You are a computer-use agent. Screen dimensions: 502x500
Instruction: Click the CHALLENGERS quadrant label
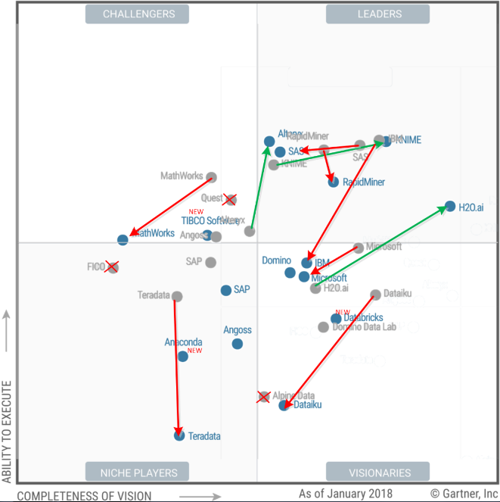click(x=138, y=14)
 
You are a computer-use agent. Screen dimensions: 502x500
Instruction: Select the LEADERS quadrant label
click(x=378, y=14)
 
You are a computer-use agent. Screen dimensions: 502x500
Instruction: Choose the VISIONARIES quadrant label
click(x=378, y=472)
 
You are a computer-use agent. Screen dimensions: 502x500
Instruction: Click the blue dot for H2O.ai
click(x=450, y=206)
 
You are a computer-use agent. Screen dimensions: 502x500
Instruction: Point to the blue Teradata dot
click(x=179, y=435)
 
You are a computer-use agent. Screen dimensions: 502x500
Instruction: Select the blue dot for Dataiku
click(x=284, y=405)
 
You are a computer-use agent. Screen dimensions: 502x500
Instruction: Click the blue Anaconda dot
click(x=182, y=356)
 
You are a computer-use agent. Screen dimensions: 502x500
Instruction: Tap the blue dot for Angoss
click(x=238, y=344)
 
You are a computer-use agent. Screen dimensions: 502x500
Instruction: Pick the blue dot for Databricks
click(x=336, y=319)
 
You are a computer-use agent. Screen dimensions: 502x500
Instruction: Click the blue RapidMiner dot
click(x=333, y=182)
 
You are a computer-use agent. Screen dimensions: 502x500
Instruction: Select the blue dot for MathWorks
click(x=123, y=239)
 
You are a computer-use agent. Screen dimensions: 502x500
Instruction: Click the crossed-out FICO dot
click(x=112, y=267)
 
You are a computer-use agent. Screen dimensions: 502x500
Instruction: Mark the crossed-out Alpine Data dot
click(x=263, y=396)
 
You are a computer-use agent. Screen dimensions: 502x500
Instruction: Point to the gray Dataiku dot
click(x=376, y=295)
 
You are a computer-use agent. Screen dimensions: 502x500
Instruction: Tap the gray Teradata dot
click(x=177, y=297)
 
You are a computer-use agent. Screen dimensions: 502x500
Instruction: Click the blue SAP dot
click(x=226, y=290)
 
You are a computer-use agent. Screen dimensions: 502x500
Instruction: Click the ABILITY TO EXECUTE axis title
click(x=8, y=431)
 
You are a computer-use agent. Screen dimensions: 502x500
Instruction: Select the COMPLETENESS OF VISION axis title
click(x=84, y=496)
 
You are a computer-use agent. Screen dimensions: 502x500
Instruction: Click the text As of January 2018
click(x=345, y=494)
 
